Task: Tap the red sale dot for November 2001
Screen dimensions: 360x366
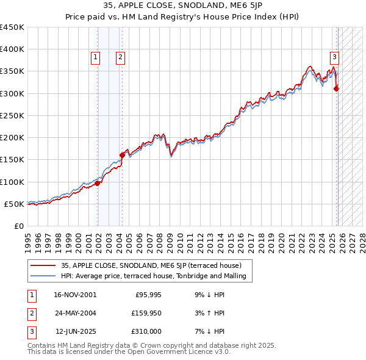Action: pos(98,183)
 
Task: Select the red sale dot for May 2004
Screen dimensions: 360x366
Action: pos(123,155)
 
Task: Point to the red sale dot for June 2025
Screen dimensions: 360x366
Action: pos(337,89)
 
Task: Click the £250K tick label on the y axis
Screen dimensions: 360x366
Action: pos(12,115)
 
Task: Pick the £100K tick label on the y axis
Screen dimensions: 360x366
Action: pos(12,182)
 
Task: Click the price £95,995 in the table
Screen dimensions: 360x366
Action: pos(147,295)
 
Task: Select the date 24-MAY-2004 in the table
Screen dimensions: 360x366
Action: pos(75,313)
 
